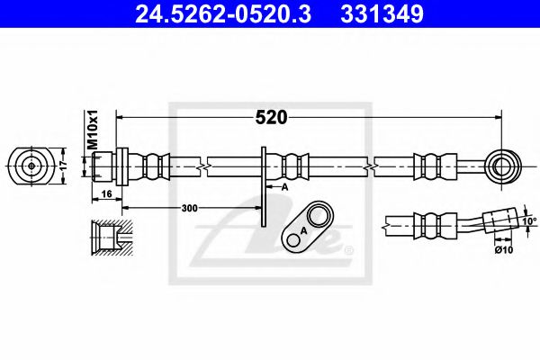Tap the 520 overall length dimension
[271, 117]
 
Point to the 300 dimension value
[189, 208]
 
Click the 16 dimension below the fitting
[106, 193]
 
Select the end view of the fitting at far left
[32, 166]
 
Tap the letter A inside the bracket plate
[303, 230]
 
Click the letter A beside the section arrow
[283, 187]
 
